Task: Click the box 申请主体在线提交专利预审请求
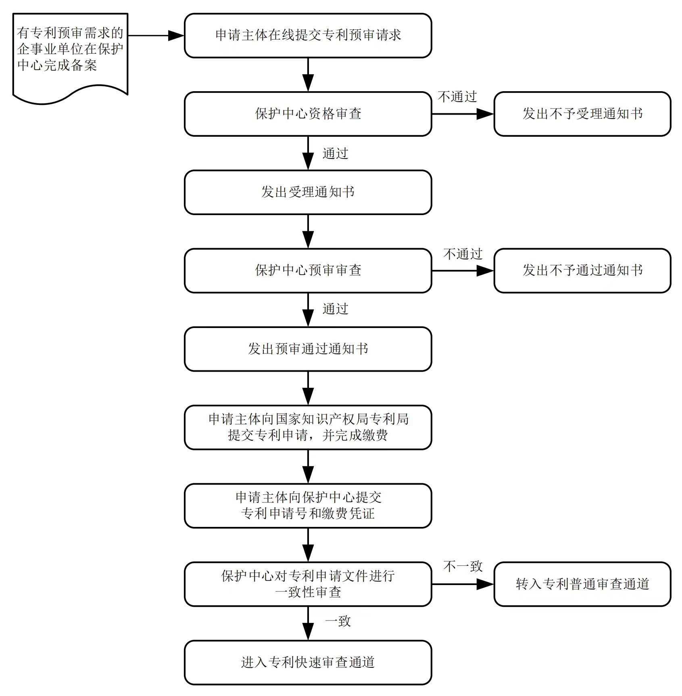click(308, 36)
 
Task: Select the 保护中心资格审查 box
click(308, 114)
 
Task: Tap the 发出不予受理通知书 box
click(582, 114)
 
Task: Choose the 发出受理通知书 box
click(308, 192)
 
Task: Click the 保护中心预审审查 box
click(308, 270)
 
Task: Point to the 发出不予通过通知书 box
click(582, 270)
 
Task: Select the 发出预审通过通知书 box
click(308, 349)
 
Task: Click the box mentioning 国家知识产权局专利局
click(308, 427)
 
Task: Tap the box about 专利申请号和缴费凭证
click(308, 506)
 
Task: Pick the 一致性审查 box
click(308, 584)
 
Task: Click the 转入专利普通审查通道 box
click(582, 584)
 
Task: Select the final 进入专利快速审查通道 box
click(308, 662)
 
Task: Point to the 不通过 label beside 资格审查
click(457, 97)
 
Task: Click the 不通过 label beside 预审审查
click(463, 254)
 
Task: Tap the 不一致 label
click(463, 566)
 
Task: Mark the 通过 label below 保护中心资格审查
click(335, 154)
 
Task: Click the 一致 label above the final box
click(338, 621)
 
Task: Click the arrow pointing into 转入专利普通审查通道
click(463, 584)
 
